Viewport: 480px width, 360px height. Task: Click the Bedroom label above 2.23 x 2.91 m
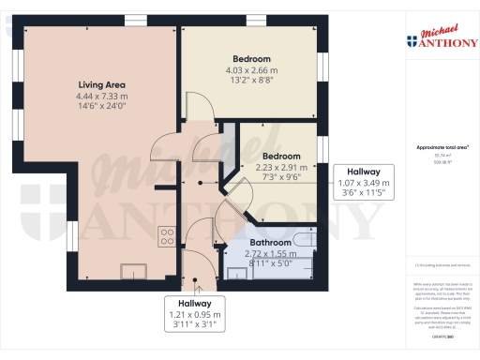[281, 156]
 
